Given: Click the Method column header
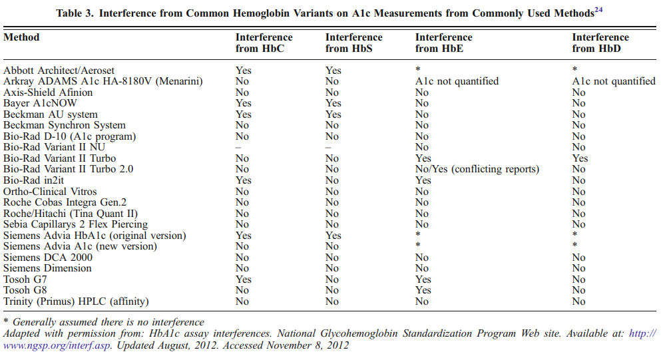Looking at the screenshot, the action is [x=21, y=37].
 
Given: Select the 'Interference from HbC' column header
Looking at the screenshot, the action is [x=264, y=43].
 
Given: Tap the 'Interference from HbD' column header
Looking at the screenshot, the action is [x=600, y=43].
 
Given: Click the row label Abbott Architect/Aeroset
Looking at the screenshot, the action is [x=59, y=71].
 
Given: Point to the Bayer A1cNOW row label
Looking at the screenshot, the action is [x=40, y=103].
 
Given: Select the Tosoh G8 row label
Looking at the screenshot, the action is [x=25, y=290].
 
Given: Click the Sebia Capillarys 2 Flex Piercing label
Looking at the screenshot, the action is [x=76, y=224].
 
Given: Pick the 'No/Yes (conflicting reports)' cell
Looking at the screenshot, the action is [x=477, y=170].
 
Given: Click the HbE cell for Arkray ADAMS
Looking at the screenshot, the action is [x=457, y=81].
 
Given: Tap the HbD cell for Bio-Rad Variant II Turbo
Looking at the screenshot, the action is [x=580, y=158].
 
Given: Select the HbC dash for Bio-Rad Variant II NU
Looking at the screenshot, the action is [x=238, y=148].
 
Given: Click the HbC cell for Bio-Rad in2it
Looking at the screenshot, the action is [x=244, y=180].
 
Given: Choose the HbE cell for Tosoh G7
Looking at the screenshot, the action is [x=423, y=279].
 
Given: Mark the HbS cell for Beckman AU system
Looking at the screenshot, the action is [x=333, y=114].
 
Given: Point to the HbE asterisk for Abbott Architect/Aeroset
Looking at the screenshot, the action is [x=418, y=69].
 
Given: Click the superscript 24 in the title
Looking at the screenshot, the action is [x=598, y=10].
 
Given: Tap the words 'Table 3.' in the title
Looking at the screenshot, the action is [x=75, y=13].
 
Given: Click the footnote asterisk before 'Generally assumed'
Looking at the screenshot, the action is [x=6, y=321].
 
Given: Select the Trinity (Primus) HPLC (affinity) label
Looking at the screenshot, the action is [x=76, y=301].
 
